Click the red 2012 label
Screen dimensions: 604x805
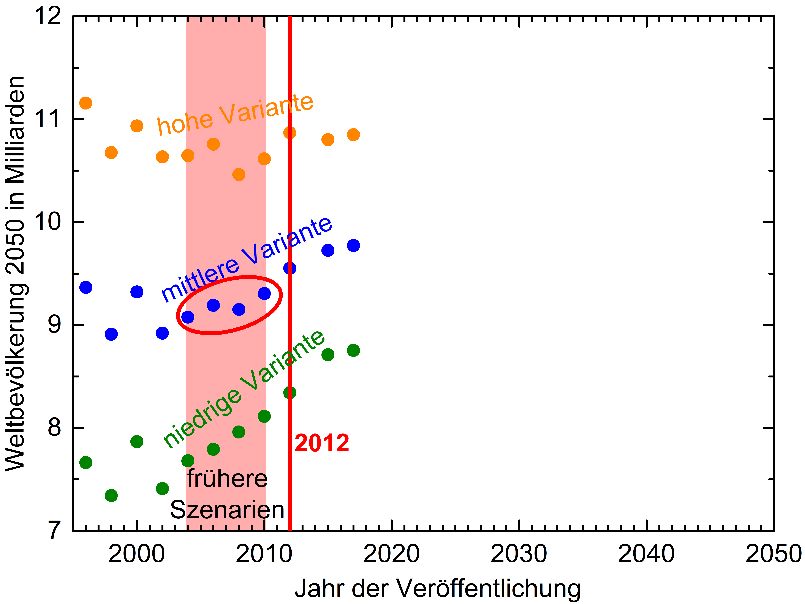tap(322, 443)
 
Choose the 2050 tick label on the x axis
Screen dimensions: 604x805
tap(773, 554)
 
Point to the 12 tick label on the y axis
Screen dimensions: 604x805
tap(47, 16)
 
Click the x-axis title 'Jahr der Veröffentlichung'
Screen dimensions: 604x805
tap(437, 588)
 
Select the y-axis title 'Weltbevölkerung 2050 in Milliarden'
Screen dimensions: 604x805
tap(15, 273)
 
